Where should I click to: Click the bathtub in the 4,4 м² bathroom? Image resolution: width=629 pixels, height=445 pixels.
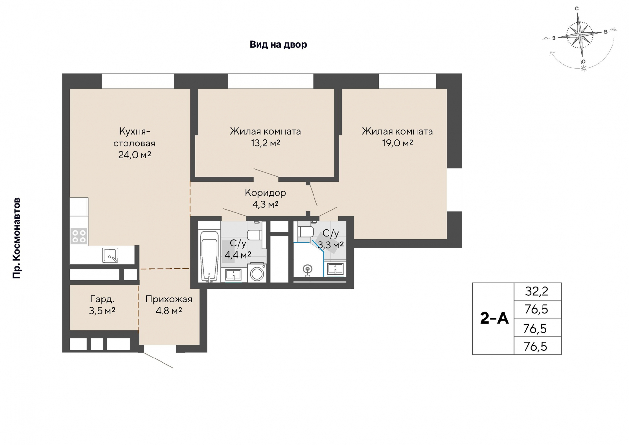[x=210, y=257]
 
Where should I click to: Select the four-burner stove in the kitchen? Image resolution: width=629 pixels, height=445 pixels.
[x=79, y=236]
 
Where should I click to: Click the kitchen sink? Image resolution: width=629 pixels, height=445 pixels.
[x=110, y=255]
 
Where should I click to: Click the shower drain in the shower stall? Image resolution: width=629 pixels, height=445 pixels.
[x=307, y=270]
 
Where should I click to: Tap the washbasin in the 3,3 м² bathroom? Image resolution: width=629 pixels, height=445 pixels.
[x=335, y=269]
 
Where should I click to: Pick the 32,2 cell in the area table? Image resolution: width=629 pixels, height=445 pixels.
[x=537, y=291]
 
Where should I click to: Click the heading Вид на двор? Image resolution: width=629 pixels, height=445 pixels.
[x=278, y=44]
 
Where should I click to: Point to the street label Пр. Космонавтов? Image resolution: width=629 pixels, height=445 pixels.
[x=16, y=238]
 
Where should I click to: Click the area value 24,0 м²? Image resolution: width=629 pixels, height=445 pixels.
[x=135, y=155]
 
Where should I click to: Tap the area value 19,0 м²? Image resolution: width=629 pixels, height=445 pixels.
[x=397, y=143]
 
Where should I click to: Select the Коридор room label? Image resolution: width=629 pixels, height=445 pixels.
[x=265, y=193]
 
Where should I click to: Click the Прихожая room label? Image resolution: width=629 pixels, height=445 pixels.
[x=169, y=299]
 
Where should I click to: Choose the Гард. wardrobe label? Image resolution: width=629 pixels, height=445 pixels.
[x=102, y=299]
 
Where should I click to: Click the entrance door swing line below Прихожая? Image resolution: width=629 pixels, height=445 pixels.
[x=158, y=360]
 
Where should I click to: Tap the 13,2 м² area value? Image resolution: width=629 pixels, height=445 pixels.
[x=266, y=143]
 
